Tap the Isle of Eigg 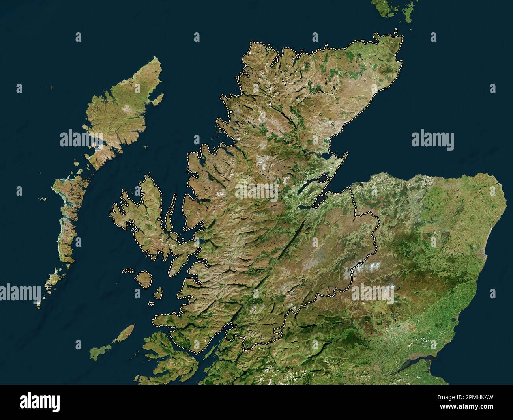tap(158, 293)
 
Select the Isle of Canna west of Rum tap(127, 271)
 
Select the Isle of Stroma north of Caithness tap(396, 31)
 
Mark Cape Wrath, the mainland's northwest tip tap(253, 43)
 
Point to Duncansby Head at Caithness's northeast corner tap(402, 37)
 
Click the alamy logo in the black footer tap(40, 402)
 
